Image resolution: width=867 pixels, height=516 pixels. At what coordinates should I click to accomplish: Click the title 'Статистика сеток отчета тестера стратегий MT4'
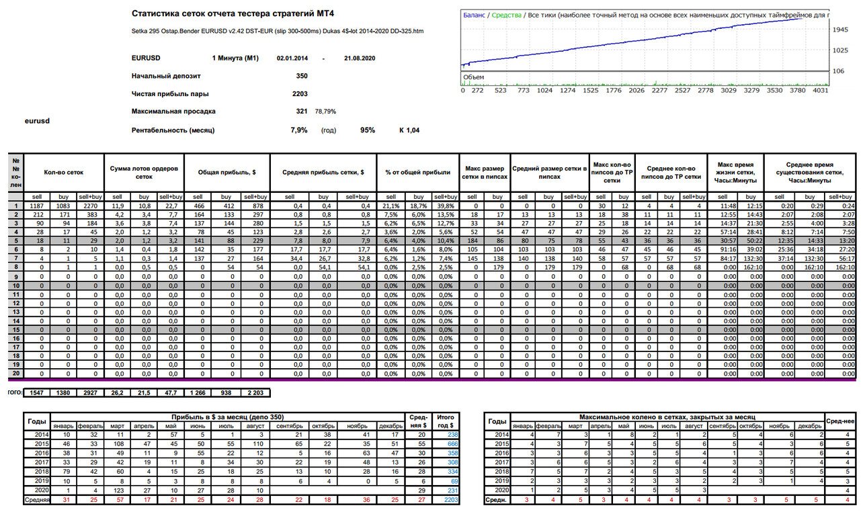[233, 13]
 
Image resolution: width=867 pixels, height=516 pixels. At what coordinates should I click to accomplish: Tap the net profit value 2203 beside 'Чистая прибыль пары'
[300, 94]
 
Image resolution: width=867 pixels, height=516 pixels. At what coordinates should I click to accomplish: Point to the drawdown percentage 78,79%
[325, 112]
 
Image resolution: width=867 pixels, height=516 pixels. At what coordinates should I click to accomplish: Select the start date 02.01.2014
[292, 58]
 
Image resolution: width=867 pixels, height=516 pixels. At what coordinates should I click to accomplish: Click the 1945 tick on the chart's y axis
[840, 30]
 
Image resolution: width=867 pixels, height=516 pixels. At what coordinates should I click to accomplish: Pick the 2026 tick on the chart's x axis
[636, 91]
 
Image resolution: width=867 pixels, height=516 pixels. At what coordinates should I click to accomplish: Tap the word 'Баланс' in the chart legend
[474, 15]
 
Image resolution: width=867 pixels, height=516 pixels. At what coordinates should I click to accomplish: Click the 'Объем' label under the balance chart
[473, 77]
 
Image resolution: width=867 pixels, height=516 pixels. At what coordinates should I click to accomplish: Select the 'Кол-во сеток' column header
[63, 173]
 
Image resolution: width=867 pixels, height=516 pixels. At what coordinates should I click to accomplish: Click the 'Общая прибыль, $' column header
[226, 173]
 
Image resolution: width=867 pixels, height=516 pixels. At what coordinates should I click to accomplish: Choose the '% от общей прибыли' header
[417, 173]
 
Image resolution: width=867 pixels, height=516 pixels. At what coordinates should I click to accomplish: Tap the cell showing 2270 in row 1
[91, 206]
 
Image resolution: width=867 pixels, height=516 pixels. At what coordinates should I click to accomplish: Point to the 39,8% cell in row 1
[446, 206]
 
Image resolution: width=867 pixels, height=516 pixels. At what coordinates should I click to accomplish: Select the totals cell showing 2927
[90, 393]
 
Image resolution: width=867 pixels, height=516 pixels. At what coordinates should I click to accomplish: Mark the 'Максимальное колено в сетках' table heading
[667, 417]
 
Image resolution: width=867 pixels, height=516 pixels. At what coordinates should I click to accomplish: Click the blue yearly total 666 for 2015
[452, 444]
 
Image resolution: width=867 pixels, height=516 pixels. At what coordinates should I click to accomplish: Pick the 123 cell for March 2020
[118, 490]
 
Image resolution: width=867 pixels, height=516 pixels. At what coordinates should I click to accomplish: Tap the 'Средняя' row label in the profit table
[37, 500]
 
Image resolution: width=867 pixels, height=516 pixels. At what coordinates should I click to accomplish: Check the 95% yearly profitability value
[368, 130]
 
